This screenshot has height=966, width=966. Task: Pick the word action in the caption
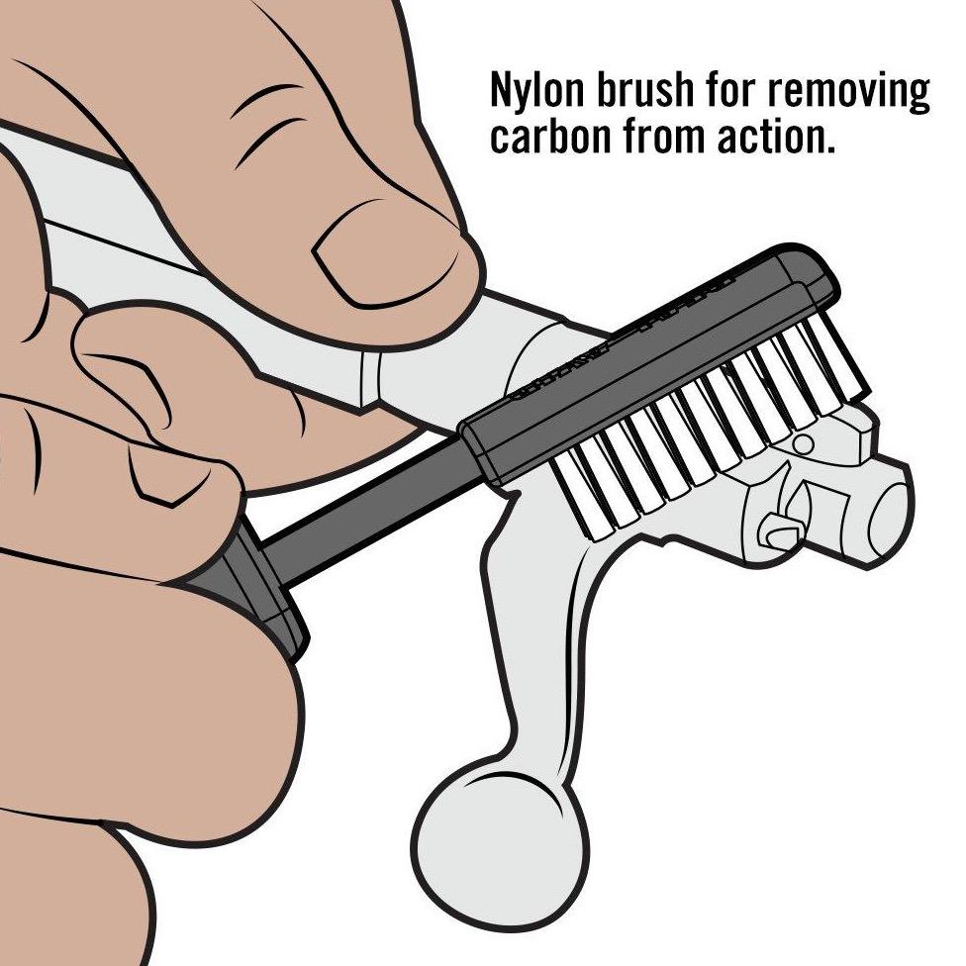[776, 137]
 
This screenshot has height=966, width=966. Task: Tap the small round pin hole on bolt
[802, 443]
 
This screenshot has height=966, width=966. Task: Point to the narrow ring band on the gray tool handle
[368, 377]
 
